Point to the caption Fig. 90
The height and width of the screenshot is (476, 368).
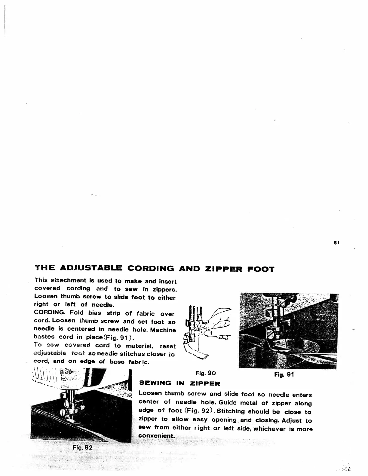[x=206, y=374]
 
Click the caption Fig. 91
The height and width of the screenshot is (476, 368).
[x=284, y=374]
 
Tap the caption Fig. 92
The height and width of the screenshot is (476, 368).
[x=82, y=447]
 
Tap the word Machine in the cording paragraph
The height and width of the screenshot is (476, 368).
[x=163, y=330]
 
